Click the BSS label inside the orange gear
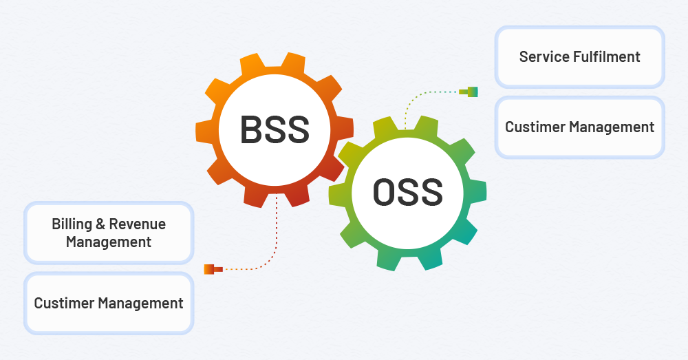click(275, 129)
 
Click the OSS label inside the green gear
click(407, 192)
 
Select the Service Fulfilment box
click(579, 56)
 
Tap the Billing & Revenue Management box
click(109, 233)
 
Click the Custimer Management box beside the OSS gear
click(579, 127)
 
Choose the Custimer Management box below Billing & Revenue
click(109, 303)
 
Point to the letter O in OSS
click(384, 192)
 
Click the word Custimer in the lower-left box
click(64, 303)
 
